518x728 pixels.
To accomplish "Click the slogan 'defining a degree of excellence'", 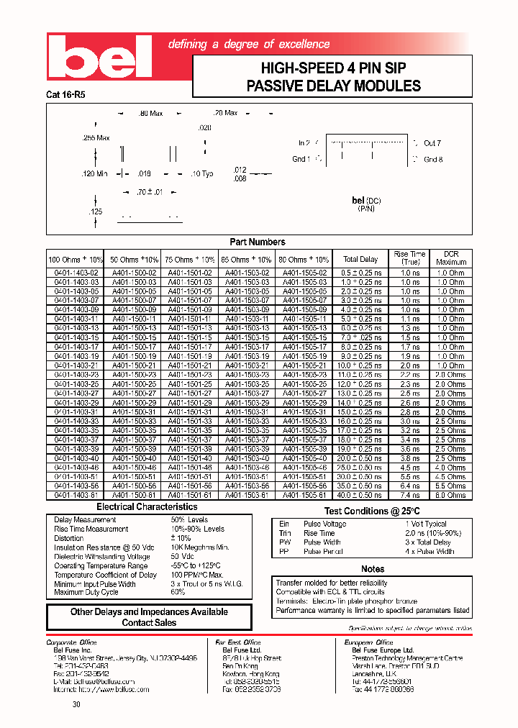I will [248, 45].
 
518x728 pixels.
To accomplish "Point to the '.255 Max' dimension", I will [96, 137].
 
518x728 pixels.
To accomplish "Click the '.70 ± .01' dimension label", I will [150, 192].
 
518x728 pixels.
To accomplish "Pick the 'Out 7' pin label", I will [432, 144].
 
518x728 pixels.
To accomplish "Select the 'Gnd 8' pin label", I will [433, 160].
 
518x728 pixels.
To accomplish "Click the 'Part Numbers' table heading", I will [258, 242].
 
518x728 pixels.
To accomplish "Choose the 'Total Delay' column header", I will [360, 259].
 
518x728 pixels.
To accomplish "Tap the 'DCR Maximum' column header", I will [451, 258].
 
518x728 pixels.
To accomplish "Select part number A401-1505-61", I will [304, 495].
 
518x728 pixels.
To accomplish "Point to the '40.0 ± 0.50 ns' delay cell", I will [360, 495].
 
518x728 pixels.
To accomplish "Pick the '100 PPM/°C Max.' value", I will [197, 575].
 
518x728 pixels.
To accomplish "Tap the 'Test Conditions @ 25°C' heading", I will [371, 511].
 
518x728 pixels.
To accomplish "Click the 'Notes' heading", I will [373, 569].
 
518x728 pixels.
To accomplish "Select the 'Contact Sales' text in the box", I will [149, 622].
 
